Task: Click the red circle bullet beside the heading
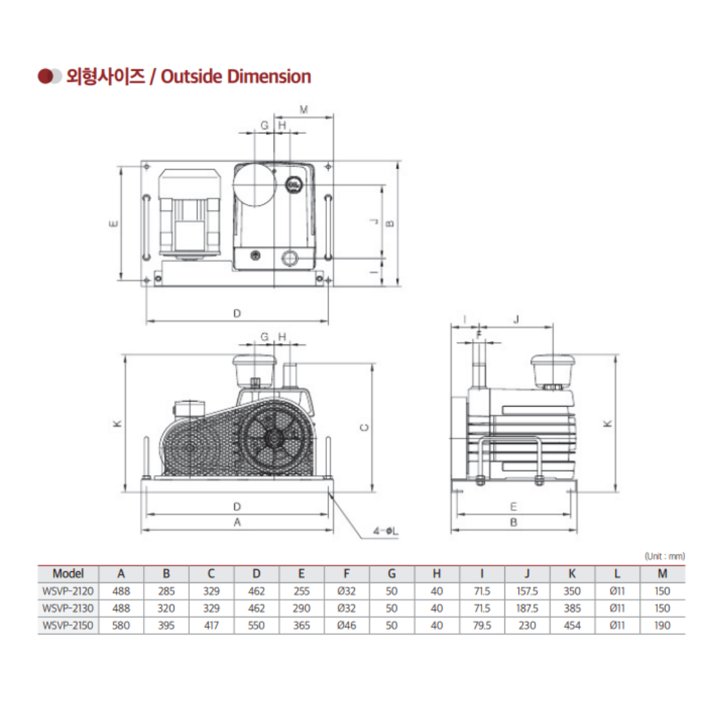coord(45,77)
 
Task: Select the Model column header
coord(68,573)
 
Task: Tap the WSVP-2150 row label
coord(68,625)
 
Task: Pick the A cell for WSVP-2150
coord(121,625)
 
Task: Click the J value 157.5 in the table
coord(527,591)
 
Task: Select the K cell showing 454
coord(572,625)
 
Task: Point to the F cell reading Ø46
coord(346,625)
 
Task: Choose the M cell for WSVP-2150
coord(662,625)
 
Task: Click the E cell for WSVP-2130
coord(302,608)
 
